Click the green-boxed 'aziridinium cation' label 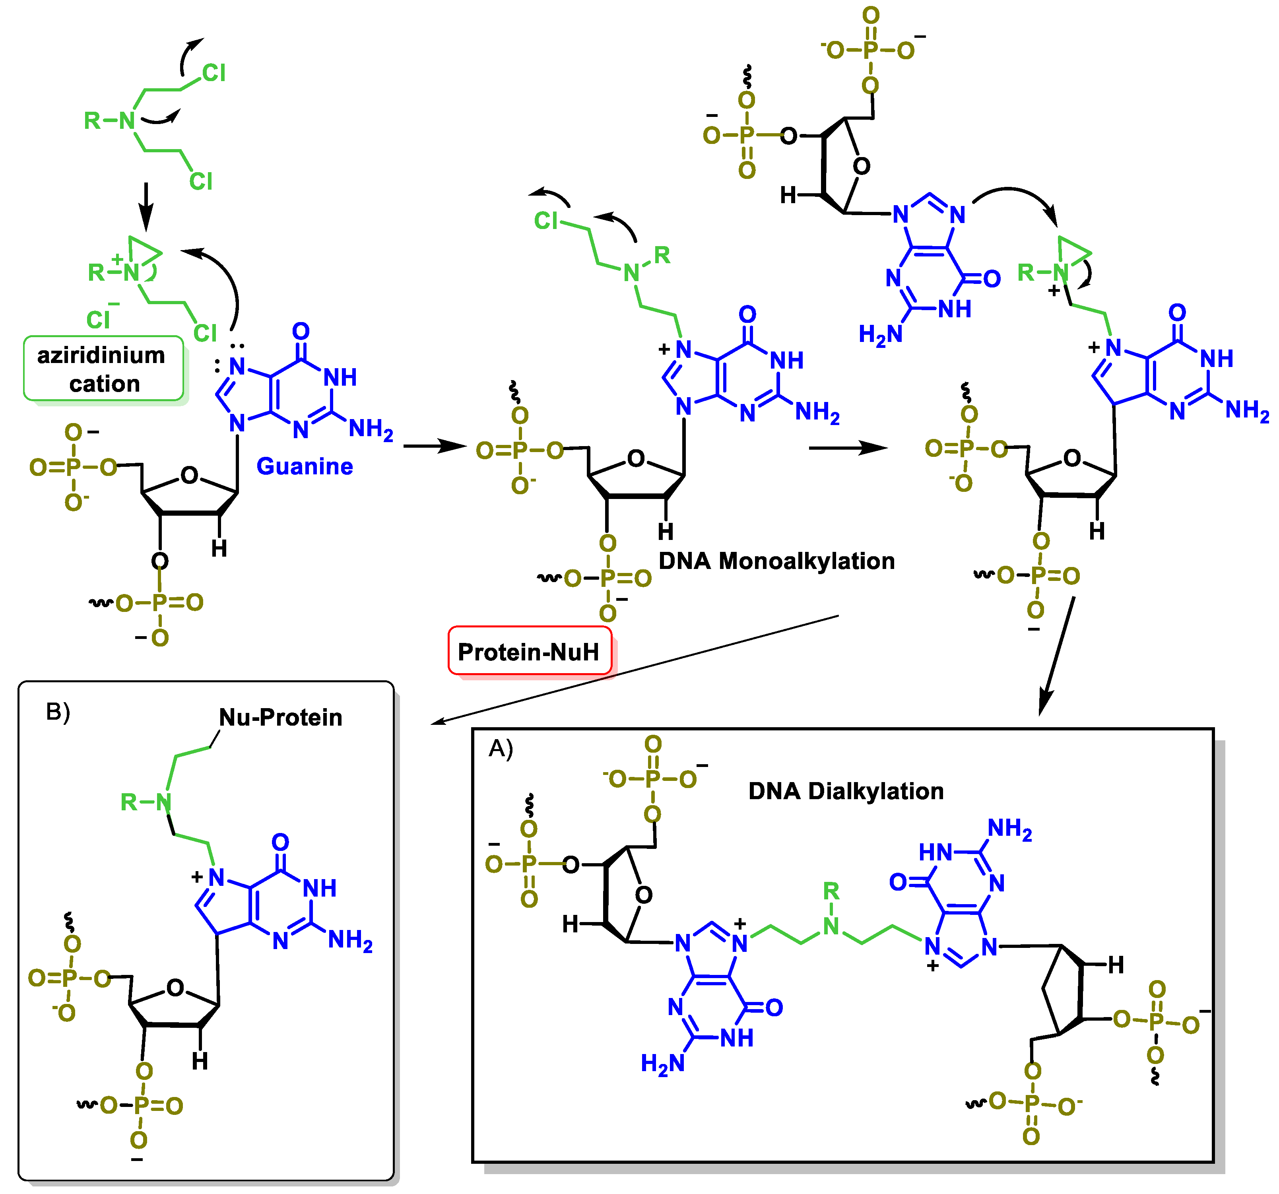click(x=103, y=369)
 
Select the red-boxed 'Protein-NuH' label click(x=528, y=652)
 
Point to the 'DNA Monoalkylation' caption click(x=776, y=561)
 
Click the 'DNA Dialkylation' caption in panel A click(x=845, y=791)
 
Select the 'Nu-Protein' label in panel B click(x=281, y=717)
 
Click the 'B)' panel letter click(x=58, y=712)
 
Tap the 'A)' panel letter click(x=501, y=748)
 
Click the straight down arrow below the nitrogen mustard click(x=147, y=206)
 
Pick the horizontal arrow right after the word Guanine click(x=434, y=445)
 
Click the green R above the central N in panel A click(x=831, y=891)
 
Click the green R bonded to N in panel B click(x=129, y=802)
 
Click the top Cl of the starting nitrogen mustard click(x=213, y=73)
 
